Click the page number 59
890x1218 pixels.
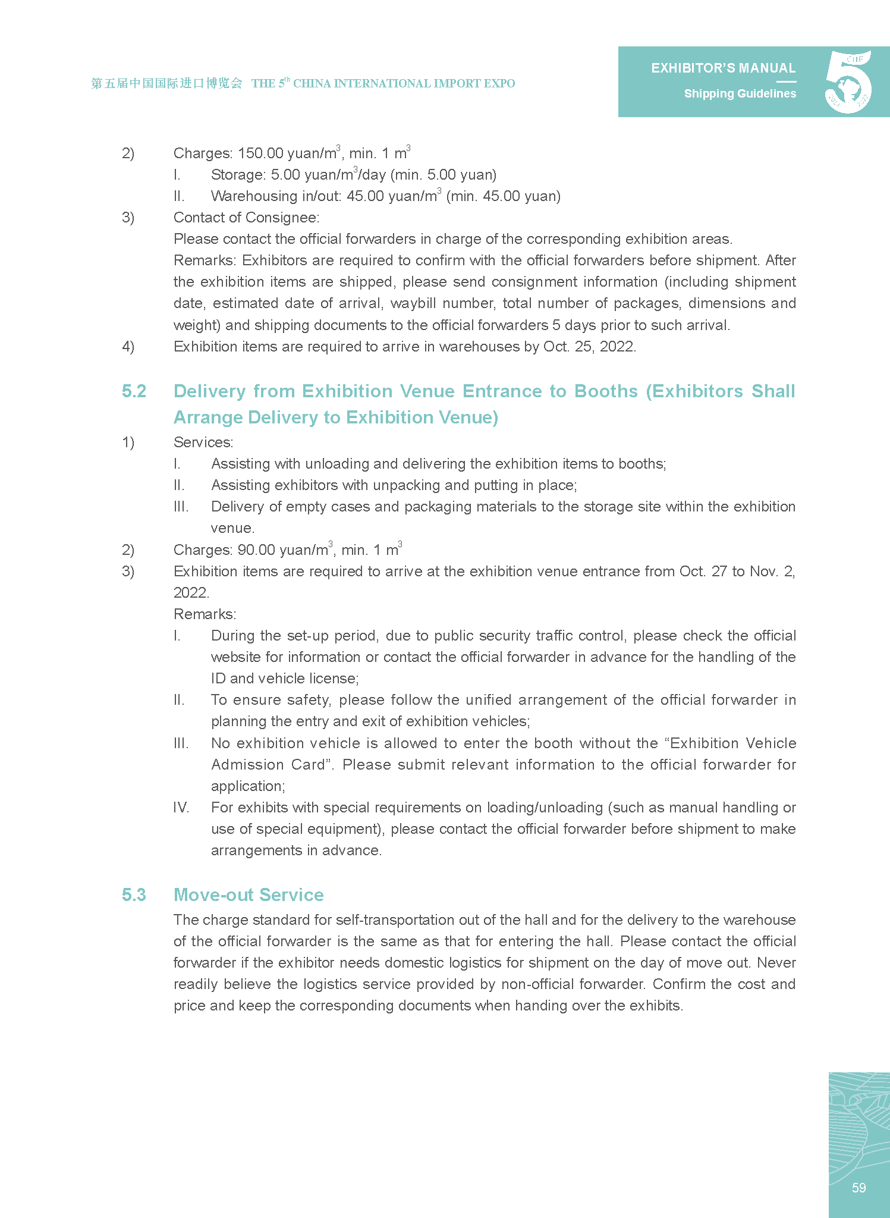[x=858, y=1188]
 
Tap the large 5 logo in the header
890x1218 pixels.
[x=848, y=82]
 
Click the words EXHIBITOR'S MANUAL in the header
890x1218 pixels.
[x=723, y=68]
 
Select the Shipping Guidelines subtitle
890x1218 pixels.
[x=740, y=94]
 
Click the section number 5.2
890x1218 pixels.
[x=134, y=391]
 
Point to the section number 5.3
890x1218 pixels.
[x=134, y=895]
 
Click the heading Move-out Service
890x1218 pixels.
[x=249, y=895]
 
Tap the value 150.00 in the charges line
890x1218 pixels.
[x=260, y=153]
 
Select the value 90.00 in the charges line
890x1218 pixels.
[x=256, y=550]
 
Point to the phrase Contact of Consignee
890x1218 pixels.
[x=246, y=218]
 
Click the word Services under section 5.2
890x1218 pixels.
[x=203, y=442]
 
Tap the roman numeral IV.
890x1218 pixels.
[x=181, y=808]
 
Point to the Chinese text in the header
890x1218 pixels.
[x=166, y=84]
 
